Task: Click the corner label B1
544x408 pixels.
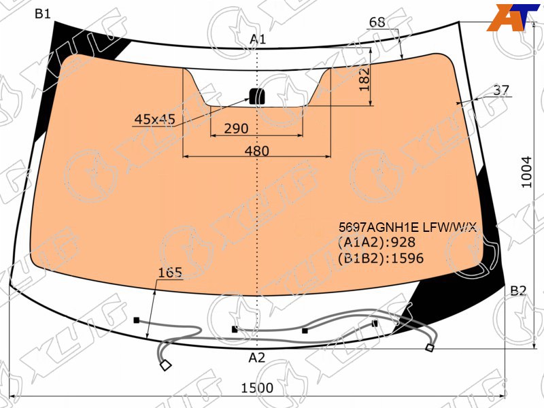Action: (43, 14)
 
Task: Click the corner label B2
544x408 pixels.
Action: (518, 291)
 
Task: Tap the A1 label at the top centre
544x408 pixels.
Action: (258, 39)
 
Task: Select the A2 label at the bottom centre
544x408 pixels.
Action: (257, 358)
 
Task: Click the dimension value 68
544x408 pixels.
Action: (377, 22)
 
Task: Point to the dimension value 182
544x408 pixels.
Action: (364, 79)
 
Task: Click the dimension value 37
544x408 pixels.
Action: (501, 90)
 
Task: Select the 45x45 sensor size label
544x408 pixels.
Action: (155, 120)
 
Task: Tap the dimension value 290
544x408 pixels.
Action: (236, 129)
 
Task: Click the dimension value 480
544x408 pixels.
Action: (257, 151)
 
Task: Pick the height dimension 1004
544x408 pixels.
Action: (526, 172)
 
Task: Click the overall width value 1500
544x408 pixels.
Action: (257, 388)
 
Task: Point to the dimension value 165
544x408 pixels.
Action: (170, 273)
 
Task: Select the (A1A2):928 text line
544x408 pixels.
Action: (377, 242)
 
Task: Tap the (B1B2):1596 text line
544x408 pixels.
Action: (381, 258)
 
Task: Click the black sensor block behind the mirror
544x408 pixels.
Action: (257, 96)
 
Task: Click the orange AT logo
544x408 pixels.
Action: (513, 18)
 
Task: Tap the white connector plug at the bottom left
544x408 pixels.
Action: (165, 365)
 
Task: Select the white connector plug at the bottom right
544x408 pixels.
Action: (430, 347)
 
